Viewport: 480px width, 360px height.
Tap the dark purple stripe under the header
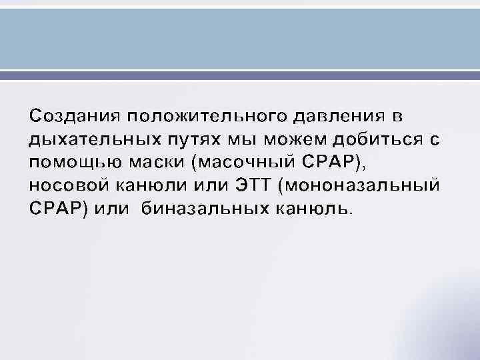pyautogui.click(x=240, y=77)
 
